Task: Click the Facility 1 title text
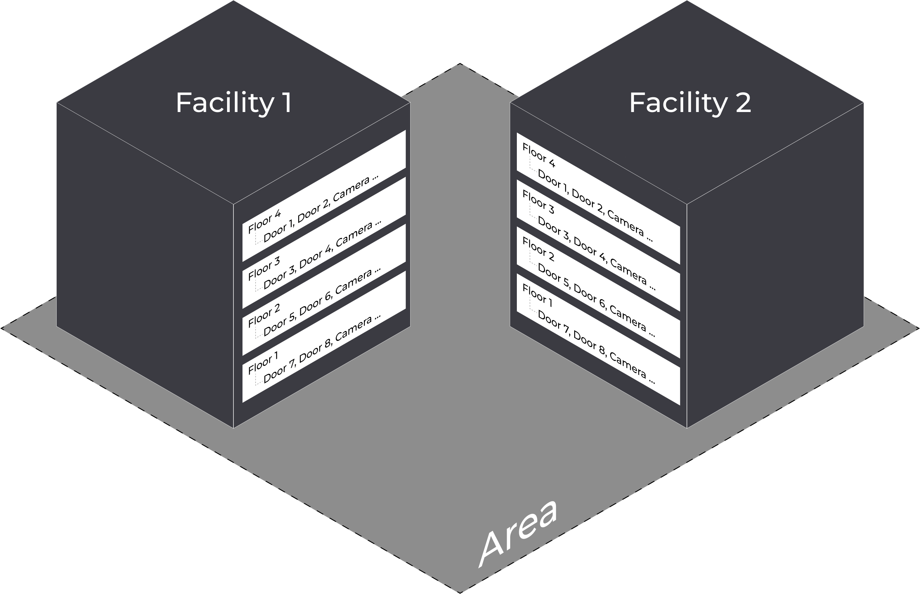234,103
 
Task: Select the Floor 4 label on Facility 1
264,221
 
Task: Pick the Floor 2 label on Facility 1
264,316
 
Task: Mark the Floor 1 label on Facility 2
537,295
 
